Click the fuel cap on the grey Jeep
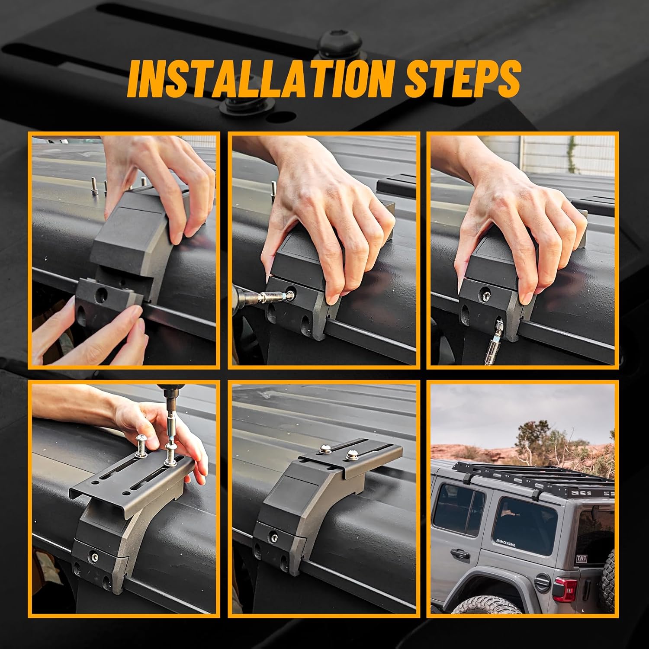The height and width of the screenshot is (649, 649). (541, 582)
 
